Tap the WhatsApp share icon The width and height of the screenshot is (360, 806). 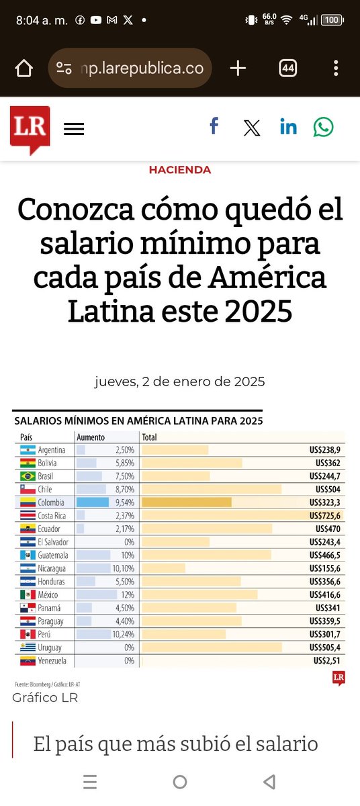pyautogui.click(x=323, y=127)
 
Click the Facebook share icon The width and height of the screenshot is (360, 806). pyautogui.click(x=214, y=126)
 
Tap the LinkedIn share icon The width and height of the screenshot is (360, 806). pyautogui.click(x=288, y=127)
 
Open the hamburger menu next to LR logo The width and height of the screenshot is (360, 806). pyautogui.click(x=74, y=129)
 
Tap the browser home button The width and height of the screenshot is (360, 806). pyautogui.click(x=24, y=69)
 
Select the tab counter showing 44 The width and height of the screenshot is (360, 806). pyautogui.click(x=287, y=69)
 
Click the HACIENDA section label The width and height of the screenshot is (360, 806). pyautogui.click(x=179, y=170)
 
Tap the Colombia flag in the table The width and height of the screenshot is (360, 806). pyautogui.click(x=28, y=502)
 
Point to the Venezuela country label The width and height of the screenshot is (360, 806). pyautogui.click(x=52, y=660)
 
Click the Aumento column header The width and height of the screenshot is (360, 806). pyautogui.click(x=91, y=437)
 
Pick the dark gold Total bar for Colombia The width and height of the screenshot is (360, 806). pyautogui.click(x=187, y=502)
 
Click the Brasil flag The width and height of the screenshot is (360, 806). pyautogui.click(x=28, y=476)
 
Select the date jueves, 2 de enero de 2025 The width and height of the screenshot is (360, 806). pyautogui.click(x=179, y=382)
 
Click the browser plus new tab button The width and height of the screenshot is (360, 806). pyautogui.click(x=238, y=69)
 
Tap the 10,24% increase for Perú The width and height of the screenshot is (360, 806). pyautogui.click(x=123, y=634)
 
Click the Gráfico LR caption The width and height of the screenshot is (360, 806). pyautogui.click(x=45, y=698)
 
